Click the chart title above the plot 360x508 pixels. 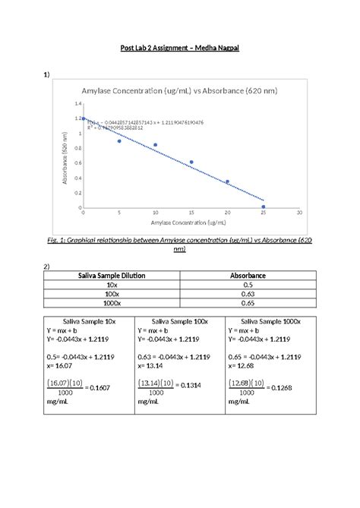pos(179,90)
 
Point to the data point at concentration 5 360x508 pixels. pos(119,141)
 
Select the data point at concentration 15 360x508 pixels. pos(191,162)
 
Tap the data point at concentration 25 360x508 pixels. pos(264,207)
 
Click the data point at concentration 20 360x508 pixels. pos(227,181)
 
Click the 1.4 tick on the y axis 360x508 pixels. pos(78,103)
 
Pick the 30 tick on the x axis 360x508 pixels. pos(300,213)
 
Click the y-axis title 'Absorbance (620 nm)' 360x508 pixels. pos(66,157)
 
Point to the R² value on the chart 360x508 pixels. pos(114,128)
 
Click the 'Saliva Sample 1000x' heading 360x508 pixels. pos(271,322)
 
